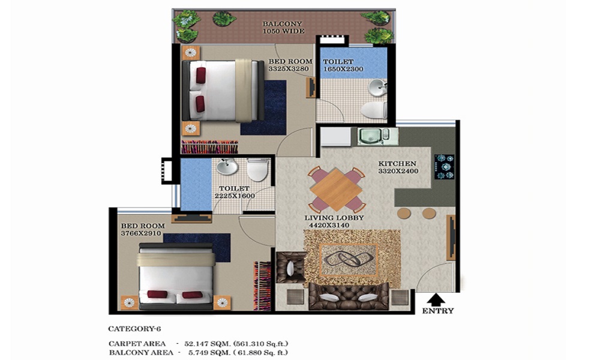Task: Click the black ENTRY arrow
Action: coord(436,299)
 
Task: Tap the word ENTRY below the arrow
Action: coord(438,311)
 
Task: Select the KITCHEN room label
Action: coord(397,164)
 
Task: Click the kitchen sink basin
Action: coord(370,136)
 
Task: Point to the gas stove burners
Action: coord(445,167)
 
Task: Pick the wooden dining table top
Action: coord(337,190)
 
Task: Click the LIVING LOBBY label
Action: coord(334,218)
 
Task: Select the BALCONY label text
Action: coord(283,24)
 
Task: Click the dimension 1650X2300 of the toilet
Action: coord(343,69)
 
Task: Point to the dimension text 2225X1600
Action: coord(235,196)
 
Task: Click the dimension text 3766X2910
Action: coord(141,233)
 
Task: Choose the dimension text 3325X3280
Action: coord(289,69)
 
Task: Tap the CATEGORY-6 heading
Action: coord(134,329)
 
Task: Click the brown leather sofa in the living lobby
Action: coord(348,296)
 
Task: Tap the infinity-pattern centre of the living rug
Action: coord(349,260)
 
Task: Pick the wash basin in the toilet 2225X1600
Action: coord(227,167)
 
